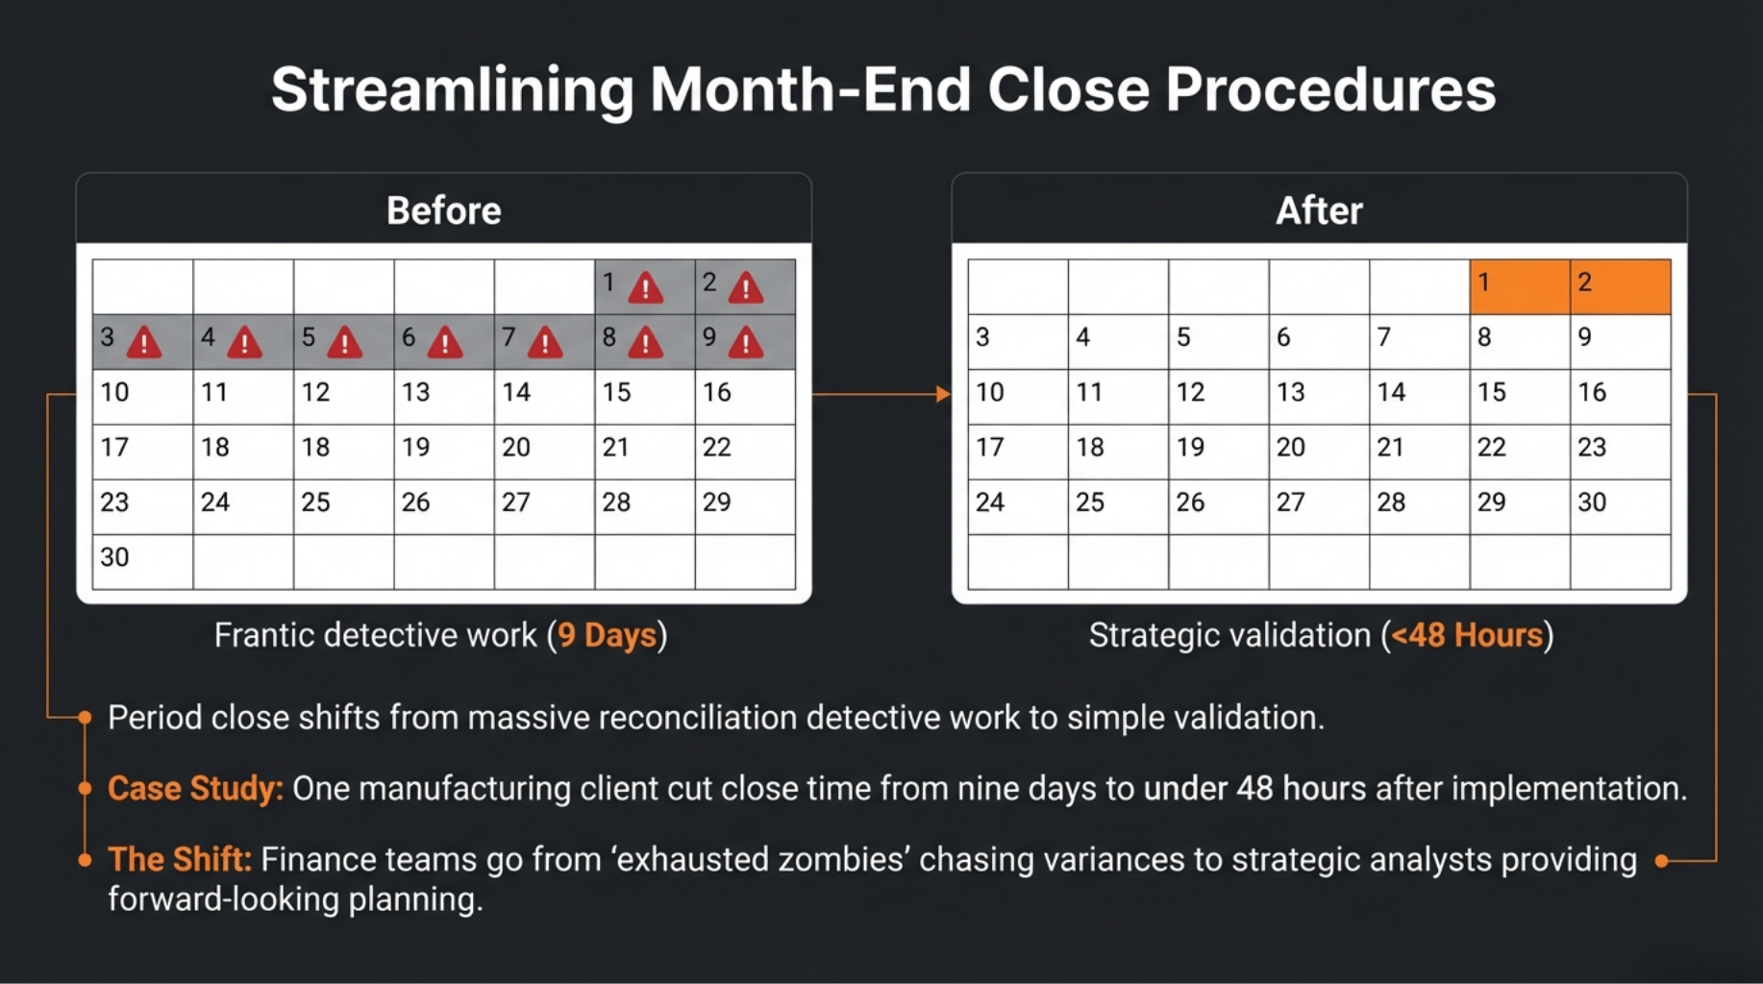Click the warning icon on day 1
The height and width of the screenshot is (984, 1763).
(x=645, y=287)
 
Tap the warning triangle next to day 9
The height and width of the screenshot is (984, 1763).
(x=745, y=343)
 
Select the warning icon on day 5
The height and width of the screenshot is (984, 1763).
(x=344, y=343)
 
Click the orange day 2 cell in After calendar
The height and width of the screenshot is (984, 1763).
(x=1620, y=286)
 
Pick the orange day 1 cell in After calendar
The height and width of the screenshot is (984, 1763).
(x=1519, y=286)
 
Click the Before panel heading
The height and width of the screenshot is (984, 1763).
(x=443, y=210)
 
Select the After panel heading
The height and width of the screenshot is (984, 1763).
(x=1319, y=210)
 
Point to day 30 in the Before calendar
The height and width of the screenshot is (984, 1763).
(x=115, y=557)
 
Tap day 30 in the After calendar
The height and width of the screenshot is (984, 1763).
(x=1592, y=503)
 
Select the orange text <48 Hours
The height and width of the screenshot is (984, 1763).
(x=1466, y=635)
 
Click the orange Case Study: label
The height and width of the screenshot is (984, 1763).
(x=195, y=789)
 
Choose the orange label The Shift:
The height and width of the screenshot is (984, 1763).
(x=179, y=859)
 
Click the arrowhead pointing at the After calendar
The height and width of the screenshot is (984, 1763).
(x=943, y=394)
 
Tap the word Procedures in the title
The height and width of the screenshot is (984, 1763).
(x=1330, y=89)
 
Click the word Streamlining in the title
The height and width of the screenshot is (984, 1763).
(x=452, y=89)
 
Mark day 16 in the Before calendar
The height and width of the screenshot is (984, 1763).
(x=717, y=392)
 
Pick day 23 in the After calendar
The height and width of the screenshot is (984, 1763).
(x=1592, y=447)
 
